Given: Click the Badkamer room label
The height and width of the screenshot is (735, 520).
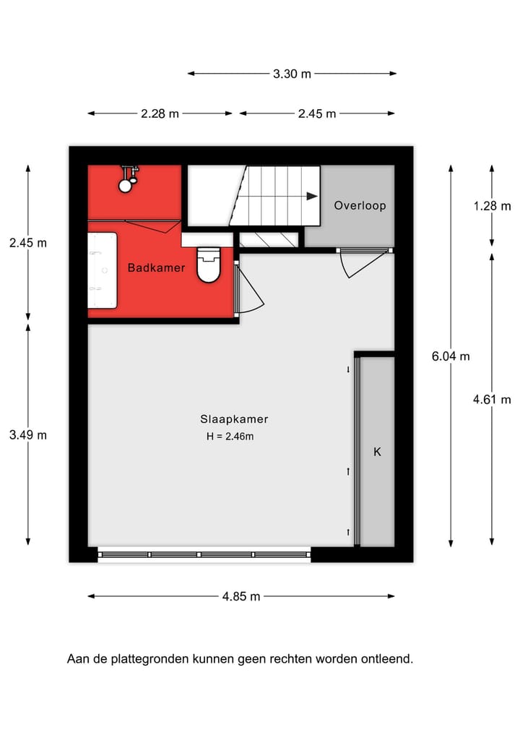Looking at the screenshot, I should (x=156, y=268).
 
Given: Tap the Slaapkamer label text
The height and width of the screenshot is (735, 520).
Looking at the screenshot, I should (x=234, y=419).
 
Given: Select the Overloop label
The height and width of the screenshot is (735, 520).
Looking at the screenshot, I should (x=360, y=206).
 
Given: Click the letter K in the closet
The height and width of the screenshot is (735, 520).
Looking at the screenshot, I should (x=377, y=452).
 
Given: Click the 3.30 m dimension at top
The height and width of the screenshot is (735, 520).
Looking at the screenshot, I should (x=292, y=73).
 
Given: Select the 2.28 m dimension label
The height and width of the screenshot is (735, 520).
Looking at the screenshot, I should (x=160, y=113).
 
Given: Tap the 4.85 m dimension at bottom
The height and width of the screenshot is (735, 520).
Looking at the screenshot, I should (x=241, y=596).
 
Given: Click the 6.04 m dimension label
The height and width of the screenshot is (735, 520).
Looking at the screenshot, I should (x=451, y=356).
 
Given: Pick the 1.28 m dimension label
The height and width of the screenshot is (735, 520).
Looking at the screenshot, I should (x=492, y=206).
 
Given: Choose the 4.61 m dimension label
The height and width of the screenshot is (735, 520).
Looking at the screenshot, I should (x=492, y=400).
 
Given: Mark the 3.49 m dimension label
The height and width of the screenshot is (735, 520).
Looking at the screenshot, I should (x=28, y=434).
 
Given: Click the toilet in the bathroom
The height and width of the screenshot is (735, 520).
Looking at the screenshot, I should (x=208, y=265).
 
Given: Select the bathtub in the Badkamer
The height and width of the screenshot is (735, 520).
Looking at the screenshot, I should (x=102, y=270).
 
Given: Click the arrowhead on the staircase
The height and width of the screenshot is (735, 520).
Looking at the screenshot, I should (x=311, y=196).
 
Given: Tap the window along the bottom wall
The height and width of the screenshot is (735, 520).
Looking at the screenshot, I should (x=204, y=555).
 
